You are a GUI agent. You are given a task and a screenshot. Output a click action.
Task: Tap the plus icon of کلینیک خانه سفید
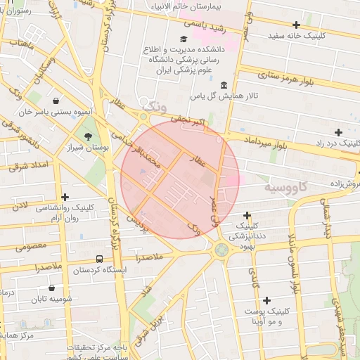(297, 25)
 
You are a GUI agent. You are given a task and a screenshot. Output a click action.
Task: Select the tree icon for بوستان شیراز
(88, 136)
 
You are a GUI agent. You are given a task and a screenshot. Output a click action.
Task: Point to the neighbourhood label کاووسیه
(288, 188)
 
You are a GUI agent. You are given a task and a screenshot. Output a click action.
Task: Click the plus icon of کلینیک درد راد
(339, 132)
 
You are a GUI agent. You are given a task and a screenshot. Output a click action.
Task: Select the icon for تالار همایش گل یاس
(224, 85)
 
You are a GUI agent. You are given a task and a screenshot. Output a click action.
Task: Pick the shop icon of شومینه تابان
(51, 288)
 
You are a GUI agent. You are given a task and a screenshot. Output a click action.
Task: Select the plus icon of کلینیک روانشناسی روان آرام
(65, 198)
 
